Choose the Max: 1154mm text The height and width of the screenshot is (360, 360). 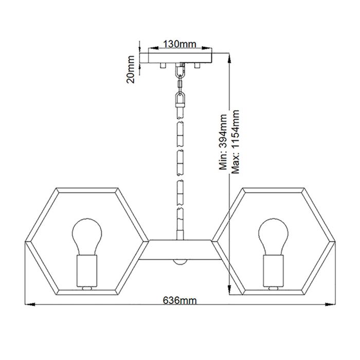tap(236, 141)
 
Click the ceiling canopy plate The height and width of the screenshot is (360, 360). tap(179, 57)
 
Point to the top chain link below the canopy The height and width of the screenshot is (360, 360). tap(179, 70)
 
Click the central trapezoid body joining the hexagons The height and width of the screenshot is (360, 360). tap(179, 250)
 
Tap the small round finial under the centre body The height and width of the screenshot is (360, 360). tap(179, 262)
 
